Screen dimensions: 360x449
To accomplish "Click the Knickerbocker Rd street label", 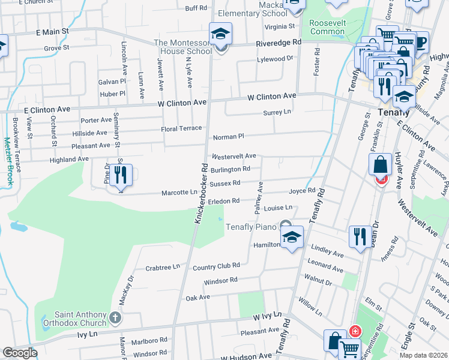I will click(200, 194).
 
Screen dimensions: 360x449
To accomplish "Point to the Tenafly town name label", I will click(379, 111).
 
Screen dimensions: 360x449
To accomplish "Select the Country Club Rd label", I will click(216, 265).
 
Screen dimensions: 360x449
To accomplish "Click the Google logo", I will click(20, 353).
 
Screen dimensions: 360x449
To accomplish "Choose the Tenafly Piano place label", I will click(251, 227).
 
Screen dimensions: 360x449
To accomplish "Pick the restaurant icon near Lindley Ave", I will click(360, 235).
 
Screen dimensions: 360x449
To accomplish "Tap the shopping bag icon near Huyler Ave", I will click(381, 164).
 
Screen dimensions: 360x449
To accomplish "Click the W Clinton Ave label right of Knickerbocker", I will click(273, 96).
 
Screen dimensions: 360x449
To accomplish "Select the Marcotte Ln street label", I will click(179, 193).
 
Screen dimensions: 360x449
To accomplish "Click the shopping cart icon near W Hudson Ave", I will click(349, 347).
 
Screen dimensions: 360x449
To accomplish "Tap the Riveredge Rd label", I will click(279, 43).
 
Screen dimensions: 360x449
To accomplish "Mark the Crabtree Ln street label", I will click(163, 267).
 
